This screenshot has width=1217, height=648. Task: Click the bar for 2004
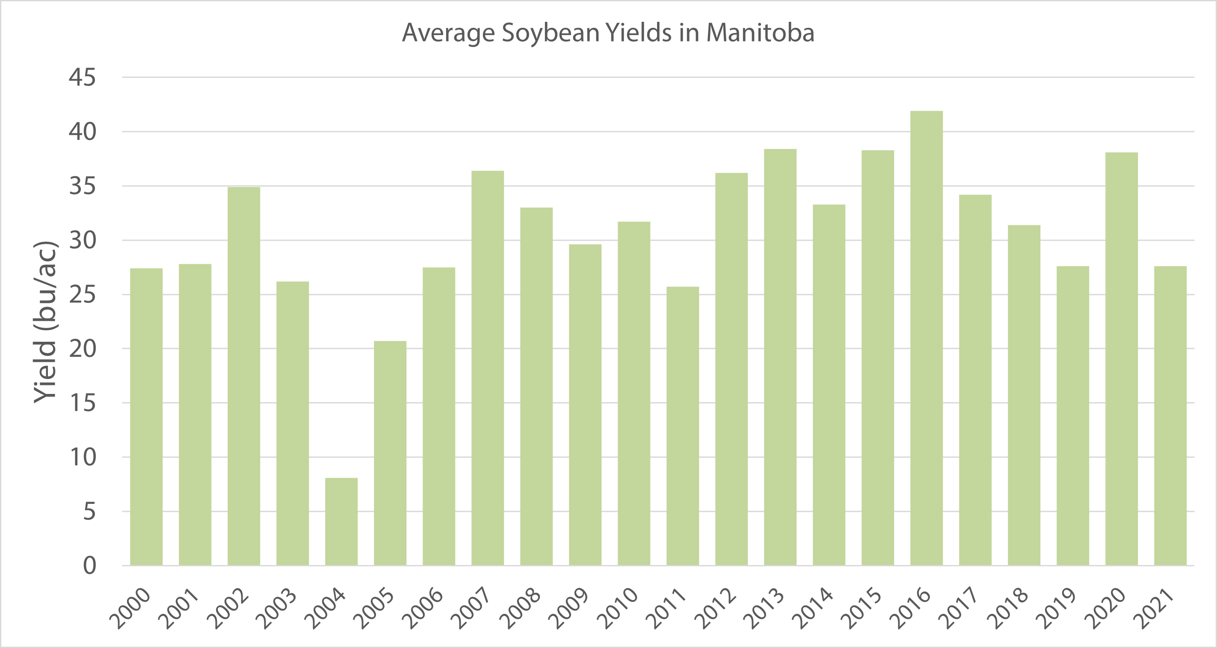tap(341, 521)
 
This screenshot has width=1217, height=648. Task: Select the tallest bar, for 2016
tap(927, 338)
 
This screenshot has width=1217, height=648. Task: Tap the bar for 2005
tap(390, 453)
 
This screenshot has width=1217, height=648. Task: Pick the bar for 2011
tap(683, 426)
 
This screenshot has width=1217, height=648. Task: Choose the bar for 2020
tap(1122, 358)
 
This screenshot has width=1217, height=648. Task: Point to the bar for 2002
tap(244, 376)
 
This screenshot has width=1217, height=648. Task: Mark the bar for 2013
tap(780, 357)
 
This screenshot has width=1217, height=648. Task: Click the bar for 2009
tap(585, 405)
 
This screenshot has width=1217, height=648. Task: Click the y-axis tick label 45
tap(82, 77)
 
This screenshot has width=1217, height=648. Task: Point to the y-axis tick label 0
tap(89, 566)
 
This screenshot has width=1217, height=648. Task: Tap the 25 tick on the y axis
tap(82, 295)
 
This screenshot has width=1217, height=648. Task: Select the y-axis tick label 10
tap(82, 457)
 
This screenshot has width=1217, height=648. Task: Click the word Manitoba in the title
tap(760, 33)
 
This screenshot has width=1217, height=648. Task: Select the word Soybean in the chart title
tap(551, 33)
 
